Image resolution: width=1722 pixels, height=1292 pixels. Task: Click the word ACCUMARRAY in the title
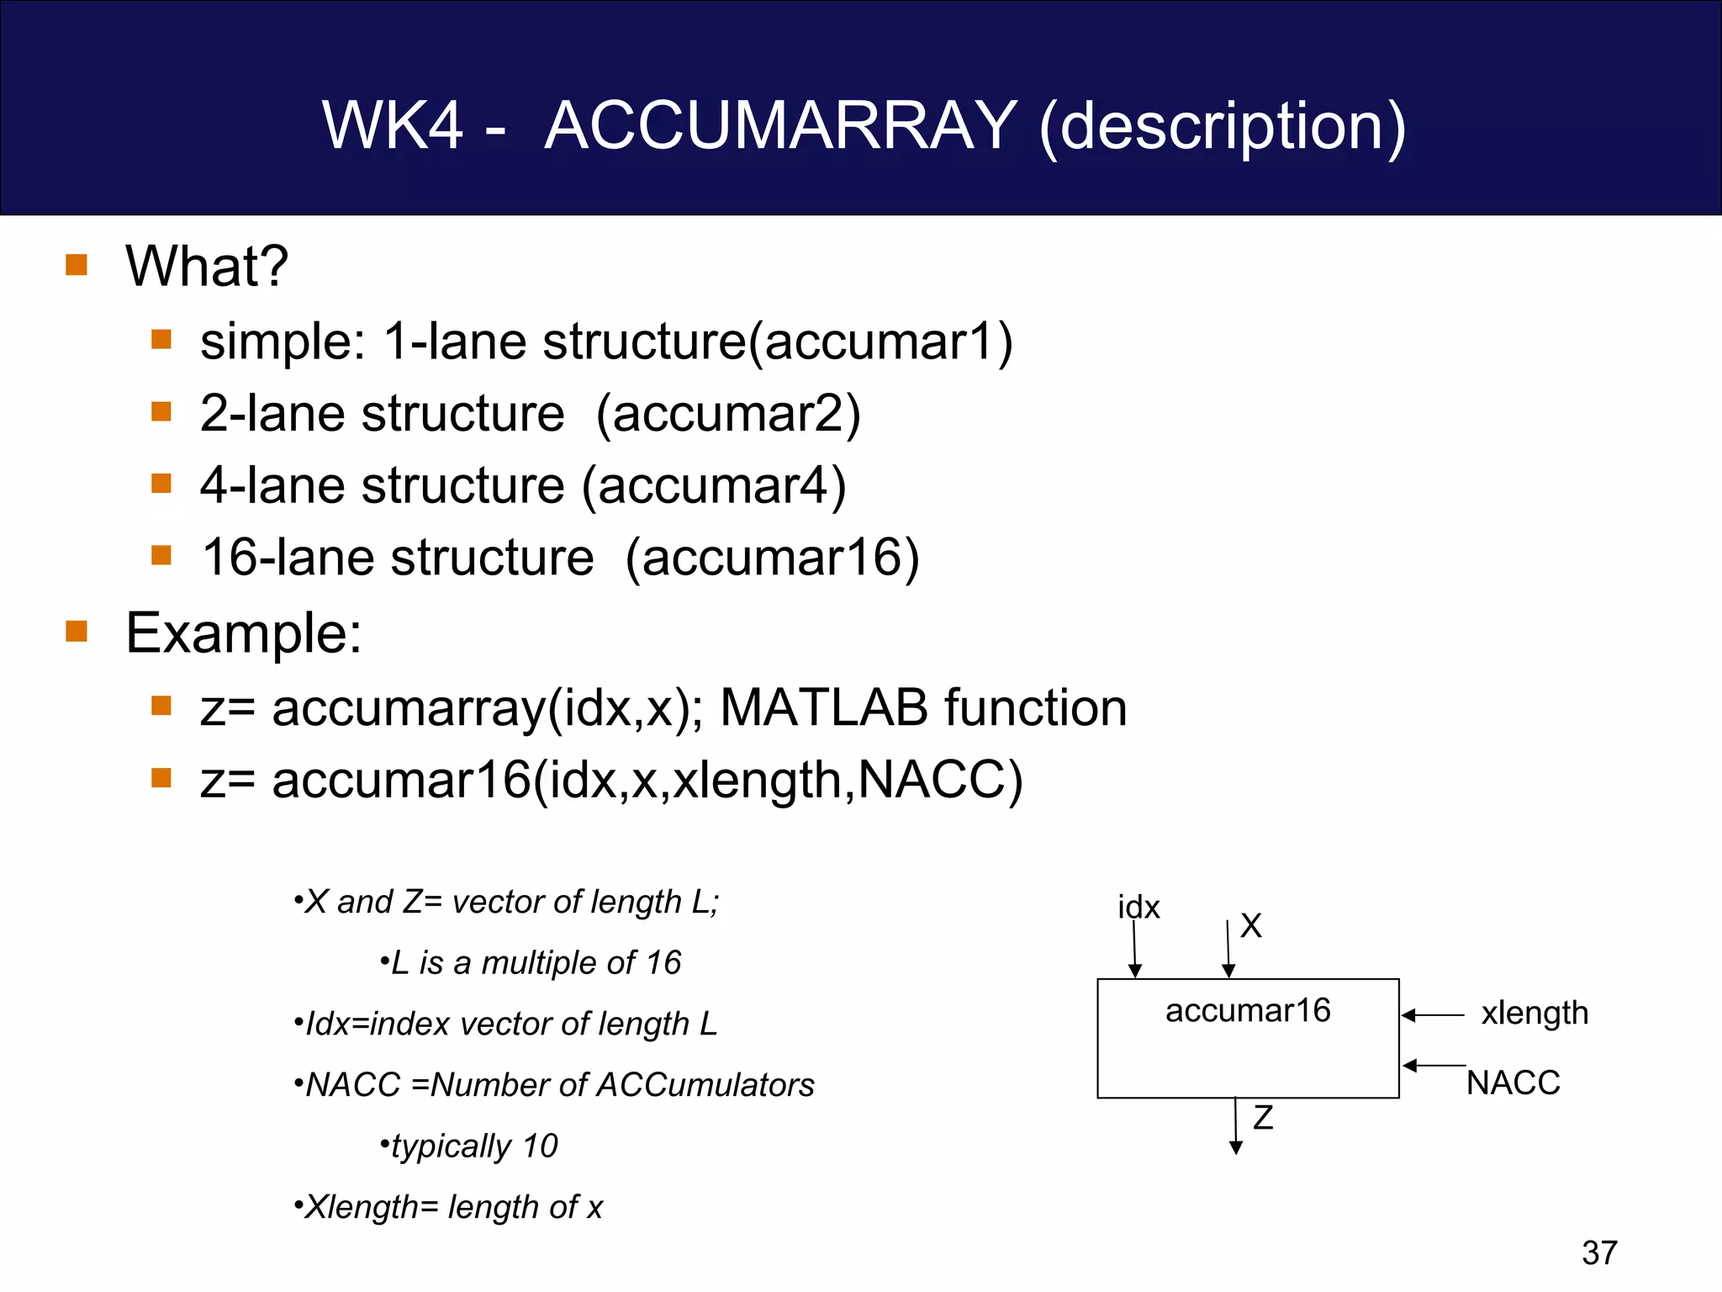pos(781,126)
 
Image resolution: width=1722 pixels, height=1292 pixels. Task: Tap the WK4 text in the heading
pos(392,126)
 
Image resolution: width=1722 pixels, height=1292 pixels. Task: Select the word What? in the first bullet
pos(207,267)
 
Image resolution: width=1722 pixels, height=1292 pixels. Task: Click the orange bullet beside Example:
pos(77,631)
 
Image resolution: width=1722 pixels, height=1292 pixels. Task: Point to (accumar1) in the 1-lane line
pos(881,342)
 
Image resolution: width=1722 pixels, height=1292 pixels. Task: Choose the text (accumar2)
pos(728,415)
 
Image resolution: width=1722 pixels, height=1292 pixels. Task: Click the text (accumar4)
pos(714,486)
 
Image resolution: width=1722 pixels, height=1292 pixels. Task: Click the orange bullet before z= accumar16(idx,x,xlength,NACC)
pos(161,778)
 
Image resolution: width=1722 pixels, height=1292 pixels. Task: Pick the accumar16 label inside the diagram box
pos(1248,1010)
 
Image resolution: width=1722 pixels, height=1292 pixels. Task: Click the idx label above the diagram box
pos(1138,908)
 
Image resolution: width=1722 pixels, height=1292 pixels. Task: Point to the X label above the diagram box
pos(1251,926)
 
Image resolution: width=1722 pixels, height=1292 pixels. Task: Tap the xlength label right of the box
pos(1534,1013)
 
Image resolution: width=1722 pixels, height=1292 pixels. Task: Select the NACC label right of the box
pos(1513,1083)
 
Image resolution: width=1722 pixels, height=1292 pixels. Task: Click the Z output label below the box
pos(1263,1118)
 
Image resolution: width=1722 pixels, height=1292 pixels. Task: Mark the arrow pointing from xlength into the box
pos(1434,1015)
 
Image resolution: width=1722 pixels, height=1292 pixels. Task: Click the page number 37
pos(1599,1252)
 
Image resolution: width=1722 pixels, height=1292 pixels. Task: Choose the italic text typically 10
pos(474,1146)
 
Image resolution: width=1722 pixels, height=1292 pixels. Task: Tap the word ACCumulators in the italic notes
pos(705,1085)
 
